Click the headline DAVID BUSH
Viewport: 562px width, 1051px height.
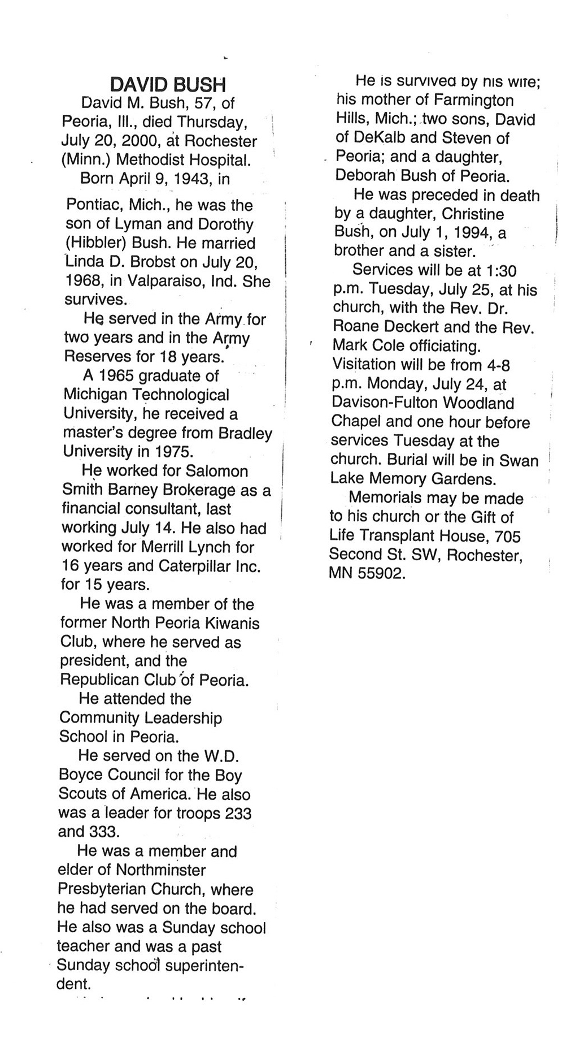click(x=168, y=84)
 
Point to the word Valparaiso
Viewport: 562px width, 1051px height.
click(x=167, y=281)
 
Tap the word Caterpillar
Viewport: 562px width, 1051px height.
click(x=193, y=565)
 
